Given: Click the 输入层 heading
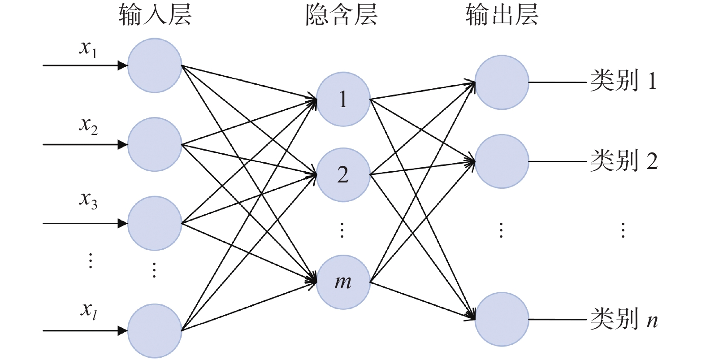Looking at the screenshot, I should [155, 14].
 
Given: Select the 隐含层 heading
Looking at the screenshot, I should [342, 14].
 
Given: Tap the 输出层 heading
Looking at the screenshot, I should [502, 14].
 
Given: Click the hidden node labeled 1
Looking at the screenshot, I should [343, 99].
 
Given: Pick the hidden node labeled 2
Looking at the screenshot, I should [343, 174].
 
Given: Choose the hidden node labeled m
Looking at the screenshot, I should [343, 282].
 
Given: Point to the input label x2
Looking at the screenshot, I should [88, 125].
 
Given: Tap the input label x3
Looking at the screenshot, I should [88, 200].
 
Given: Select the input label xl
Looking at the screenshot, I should [88, 310].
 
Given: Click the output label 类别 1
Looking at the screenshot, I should [623, 81].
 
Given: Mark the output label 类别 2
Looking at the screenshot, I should [624, 160].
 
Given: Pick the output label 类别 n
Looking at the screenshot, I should [624, 319].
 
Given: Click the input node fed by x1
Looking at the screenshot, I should [155, 65].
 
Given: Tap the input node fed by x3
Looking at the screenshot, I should [155, 223].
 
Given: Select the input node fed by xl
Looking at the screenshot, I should [155, 331].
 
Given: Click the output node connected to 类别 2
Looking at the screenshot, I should [502, 161].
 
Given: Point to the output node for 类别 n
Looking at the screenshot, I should [502, 319].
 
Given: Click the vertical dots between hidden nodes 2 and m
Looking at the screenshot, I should [342, 230].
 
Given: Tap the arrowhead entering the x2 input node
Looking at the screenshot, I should [122, 145].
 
